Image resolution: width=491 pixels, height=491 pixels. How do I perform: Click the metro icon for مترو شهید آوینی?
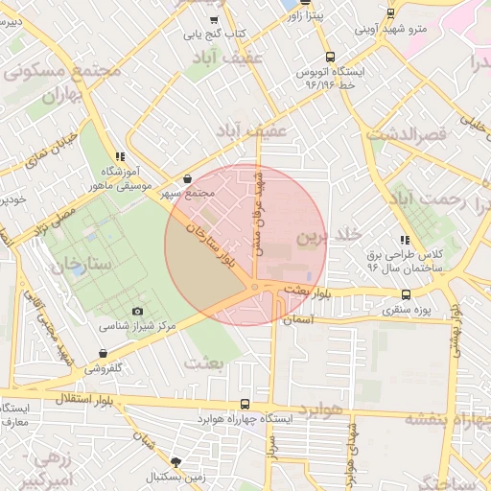(x=389, y=12)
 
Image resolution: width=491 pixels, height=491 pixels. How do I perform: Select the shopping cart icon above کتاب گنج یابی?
(x=216, y=18)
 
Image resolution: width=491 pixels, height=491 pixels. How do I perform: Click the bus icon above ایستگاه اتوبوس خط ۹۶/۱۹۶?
(x=330, y=56)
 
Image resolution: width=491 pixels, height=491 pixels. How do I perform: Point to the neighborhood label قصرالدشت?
(x=419, y=136)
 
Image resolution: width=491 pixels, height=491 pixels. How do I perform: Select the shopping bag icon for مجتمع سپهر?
(x=186, y=178)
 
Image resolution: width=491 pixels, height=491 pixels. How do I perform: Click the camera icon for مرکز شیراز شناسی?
(x=137, y=312)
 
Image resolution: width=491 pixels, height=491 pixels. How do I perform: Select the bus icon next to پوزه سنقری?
(x=406, y=294)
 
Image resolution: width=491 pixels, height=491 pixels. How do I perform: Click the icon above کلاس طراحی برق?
(x=406, y=240)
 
